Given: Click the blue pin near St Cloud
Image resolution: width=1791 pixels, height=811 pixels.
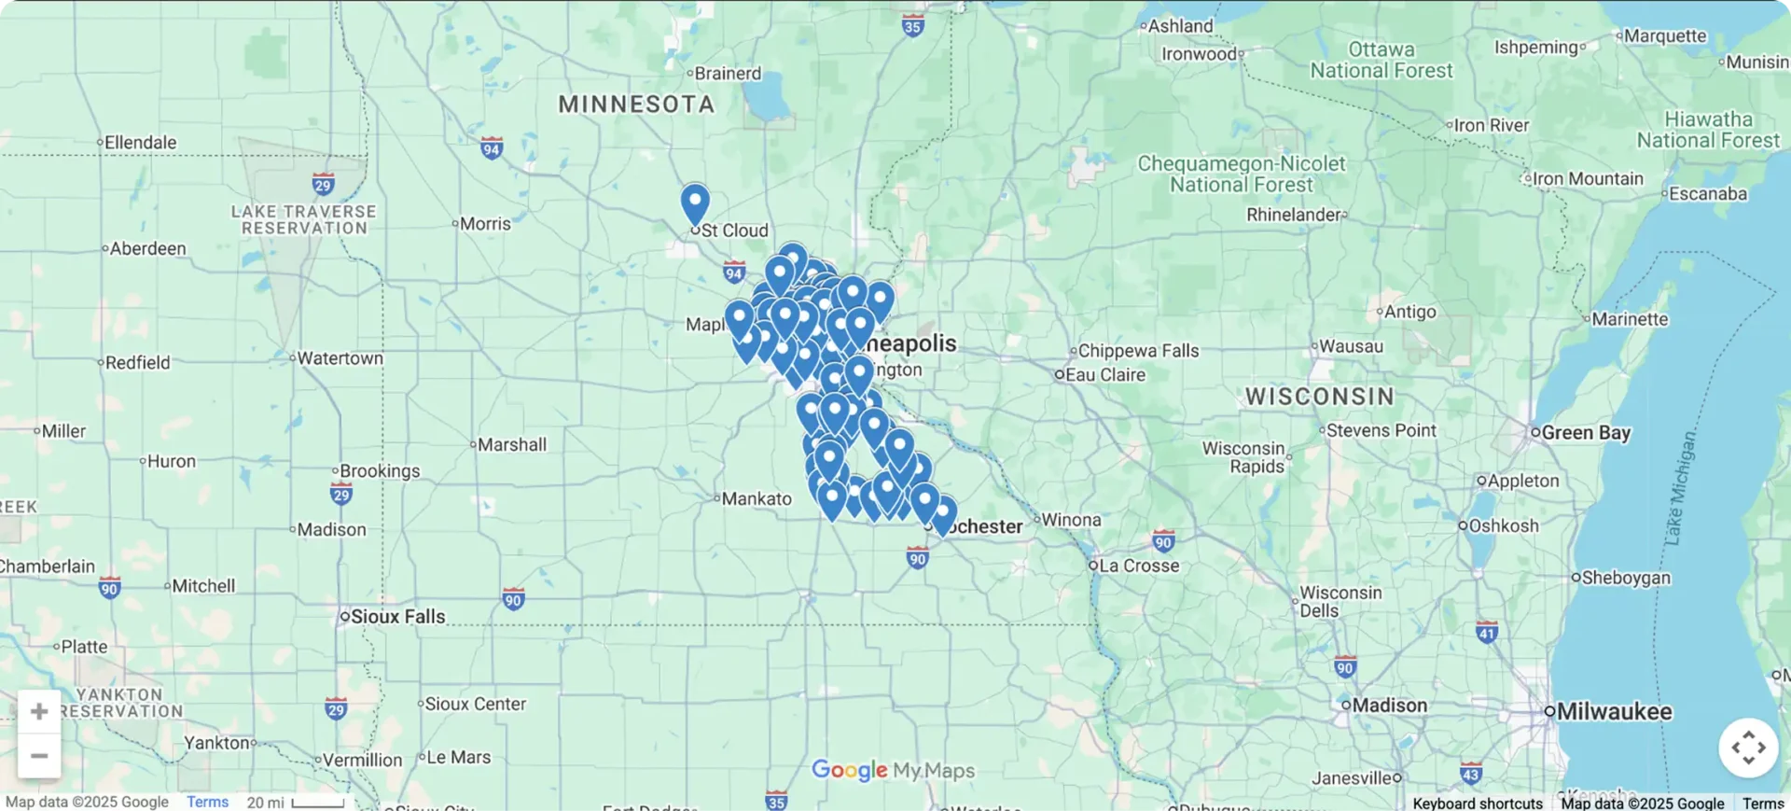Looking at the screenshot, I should pyautogui.click(x=694, y=203).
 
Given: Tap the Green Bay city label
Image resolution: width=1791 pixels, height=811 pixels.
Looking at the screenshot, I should pyautogui.click(x=1585, y=433).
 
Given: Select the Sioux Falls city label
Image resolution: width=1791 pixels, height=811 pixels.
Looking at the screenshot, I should pyautogui.click(x=397, y=617).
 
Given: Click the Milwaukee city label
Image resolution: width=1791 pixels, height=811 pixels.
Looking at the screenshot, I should pyautogui.click(x=1614, y=712).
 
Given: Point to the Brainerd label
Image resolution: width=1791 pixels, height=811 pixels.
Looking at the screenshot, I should pyautogui.click(x=728, y=74).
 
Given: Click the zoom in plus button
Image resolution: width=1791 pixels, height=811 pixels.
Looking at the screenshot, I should pyautogui.click(x=39, y=712).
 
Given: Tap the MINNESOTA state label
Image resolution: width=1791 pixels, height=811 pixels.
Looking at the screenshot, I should pyautogui.click(x=636, y=105).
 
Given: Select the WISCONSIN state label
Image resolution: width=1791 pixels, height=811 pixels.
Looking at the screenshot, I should pyautogui.click(x=1320, y=397).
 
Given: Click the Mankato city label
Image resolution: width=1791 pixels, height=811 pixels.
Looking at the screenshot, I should pyautogui.click(x=756, y=499).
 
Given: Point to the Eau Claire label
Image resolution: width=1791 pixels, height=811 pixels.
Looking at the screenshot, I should pyautogui.click(x=1104, y=375).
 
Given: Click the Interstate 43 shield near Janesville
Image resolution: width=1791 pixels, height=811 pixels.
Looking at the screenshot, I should pyautogui.click(x=1470, y=774).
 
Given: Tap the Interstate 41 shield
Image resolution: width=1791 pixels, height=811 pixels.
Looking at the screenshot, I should pyautogui.click(x=1487, y=633).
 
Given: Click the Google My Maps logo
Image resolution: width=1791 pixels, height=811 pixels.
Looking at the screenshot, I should pyautogui.click(x=893, y=771).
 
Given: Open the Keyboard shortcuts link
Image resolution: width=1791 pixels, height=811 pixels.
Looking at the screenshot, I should pyautogui.click(x=1477, y=804).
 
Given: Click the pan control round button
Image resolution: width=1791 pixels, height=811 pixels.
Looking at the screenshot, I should pyautogui.click(x=1747, y=748).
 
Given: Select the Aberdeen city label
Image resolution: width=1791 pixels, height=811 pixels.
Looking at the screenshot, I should pyautogui.click(x=147, y=249).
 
